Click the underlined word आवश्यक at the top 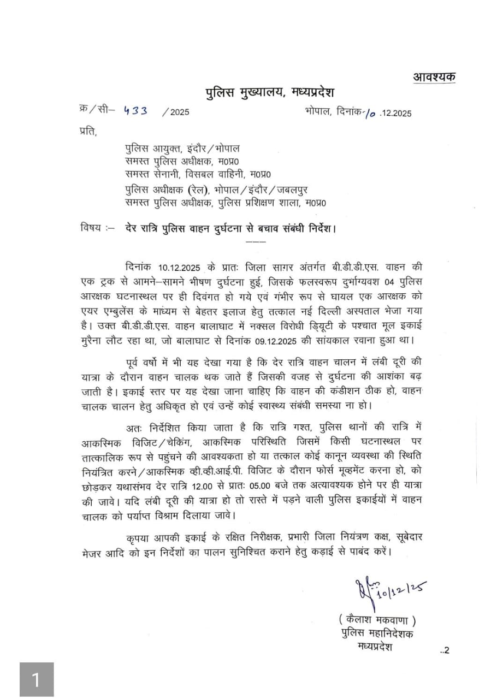click(x=435, y=77)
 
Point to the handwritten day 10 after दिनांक click(x=371, y=113)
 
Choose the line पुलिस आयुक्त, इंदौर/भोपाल click(x=182, y=149)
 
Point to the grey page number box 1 click(x=37, y=679)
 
